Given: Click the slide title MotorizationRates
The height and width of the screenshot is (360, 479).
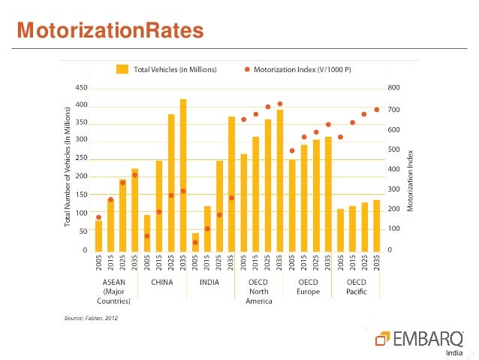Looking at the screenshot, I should coord(110,31).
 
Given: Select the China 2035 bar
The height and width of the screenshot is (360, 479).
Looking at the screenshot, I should coord(183,174).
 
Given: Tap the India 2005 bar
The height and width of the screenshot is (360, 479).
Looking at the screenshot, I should coord(195,241).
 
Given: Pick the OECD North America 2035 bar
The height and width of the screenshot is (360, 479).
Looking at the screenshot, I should coord(280,180).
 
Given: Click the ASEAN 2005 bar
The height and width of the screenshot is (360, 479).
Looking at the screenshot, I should coord(98,235).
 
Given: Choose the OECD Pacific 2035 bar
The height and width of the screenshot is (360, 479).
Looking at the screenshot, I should coord(377,225).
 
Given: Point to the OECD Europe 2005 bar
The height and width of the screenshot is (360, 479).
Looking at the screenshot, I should coord(292,204).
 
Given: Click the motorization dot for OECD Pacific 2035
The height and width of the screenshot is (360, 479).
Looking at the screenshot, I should coord(377,110).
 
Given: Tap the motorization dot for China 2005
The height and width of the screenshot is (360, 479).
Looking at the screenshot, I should coord(147,236).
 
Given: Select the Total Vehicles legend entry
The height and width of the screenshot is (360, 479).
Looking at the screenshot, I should coord(167,70).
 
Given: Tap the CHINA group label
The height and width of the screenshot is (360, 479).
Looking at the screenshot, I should coord(163,283).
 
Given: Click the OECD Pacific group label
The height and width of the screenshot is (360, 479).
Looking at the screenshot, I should coord(357,286).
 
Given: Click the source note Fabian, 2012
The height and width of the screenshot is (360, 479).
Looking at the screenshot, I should coord(89,318).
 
